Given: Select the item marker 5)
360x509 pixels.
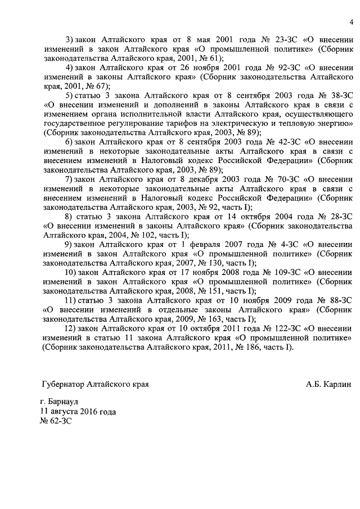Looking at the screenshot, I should click(x=70, y=96).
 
